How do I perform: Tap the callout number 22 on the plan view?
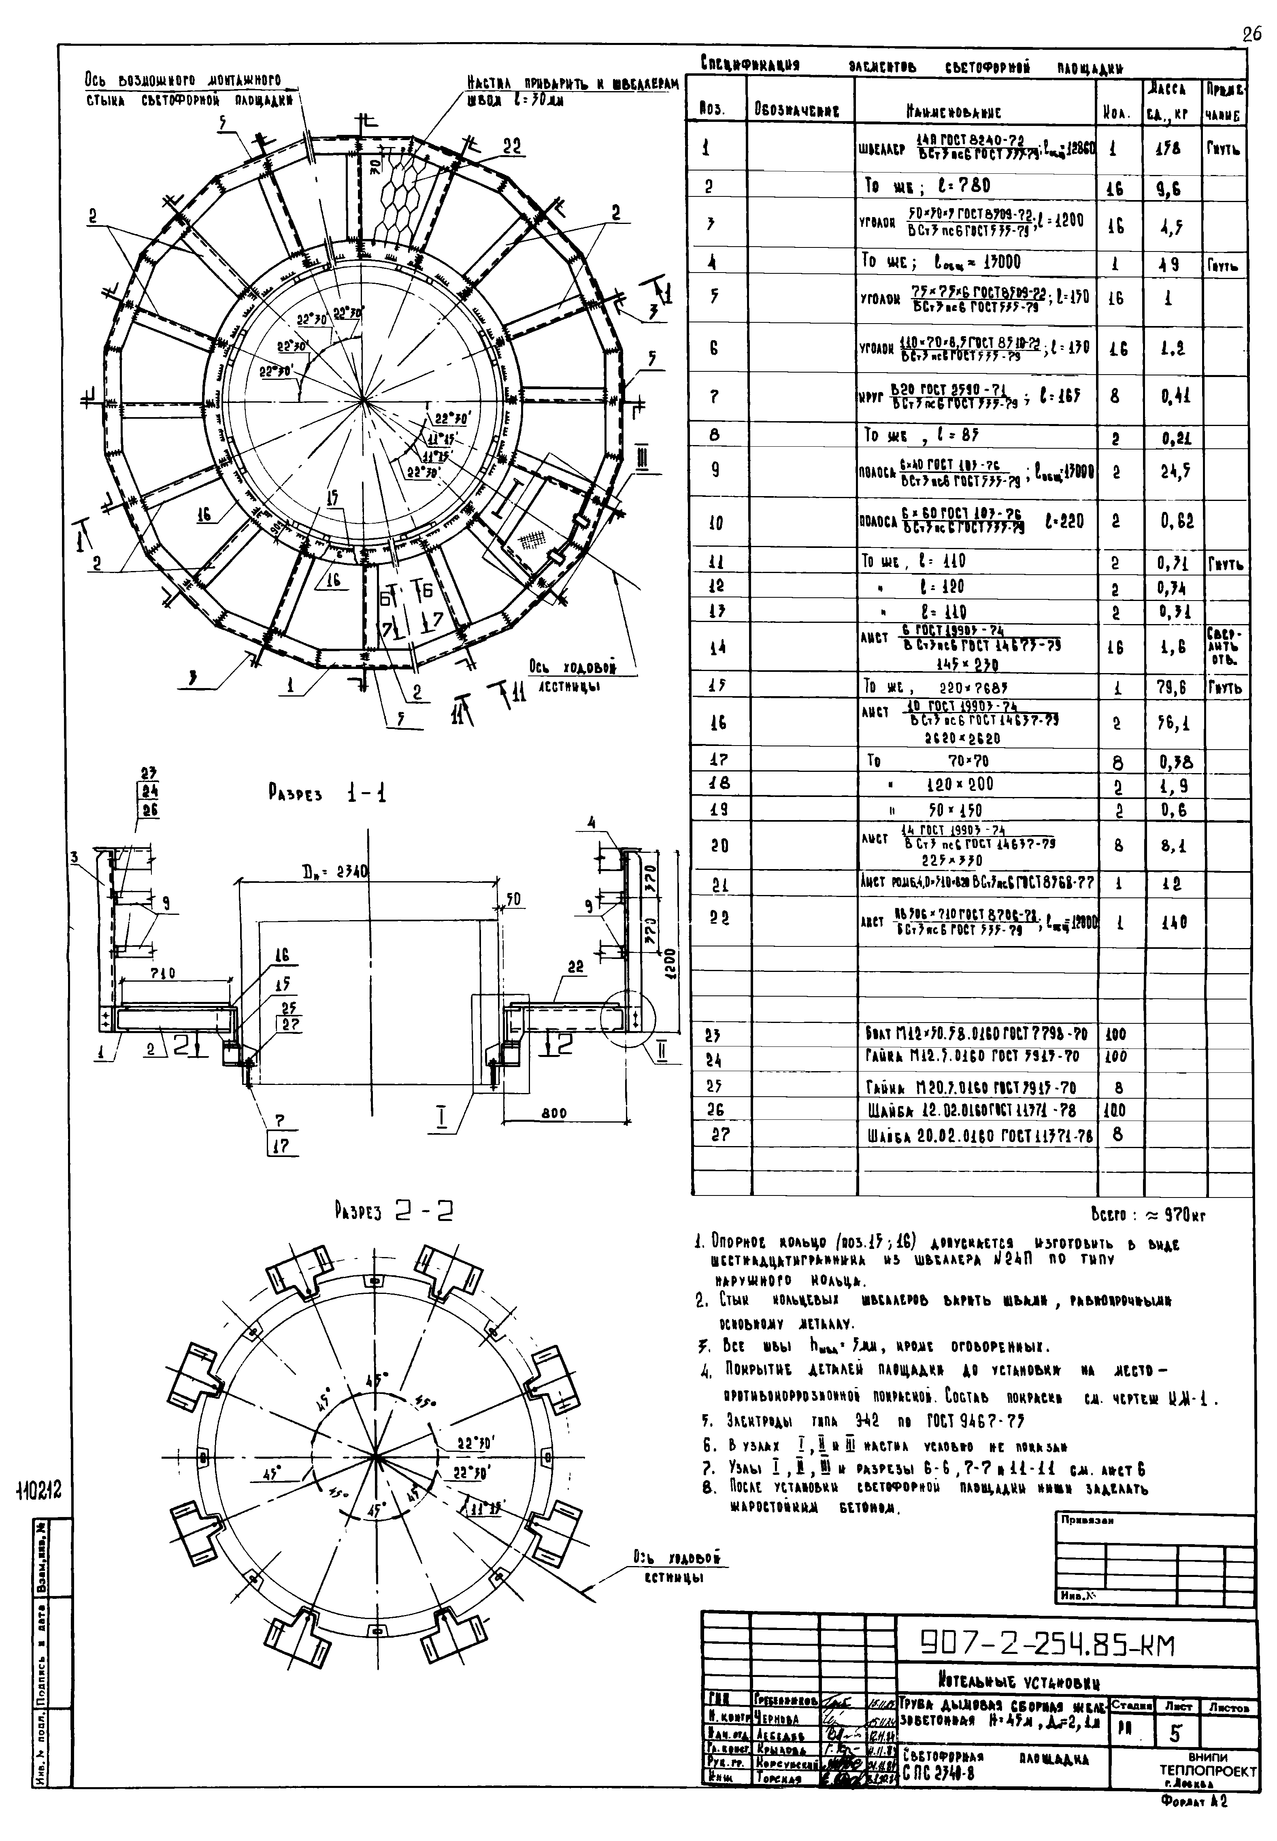click(512, 147)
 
